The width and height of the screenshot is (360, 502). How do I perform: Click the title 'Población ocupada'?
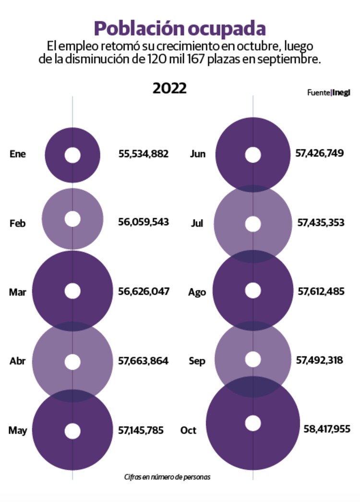[x=180, y=28]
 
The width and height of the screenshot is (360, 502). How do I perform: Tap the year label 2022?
[x=169, y=88]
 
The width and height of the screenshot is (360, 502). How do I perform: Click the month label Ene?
[x=18, y=154]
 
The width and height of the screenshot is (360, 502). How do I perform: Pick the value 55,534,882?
[x=144, y=154]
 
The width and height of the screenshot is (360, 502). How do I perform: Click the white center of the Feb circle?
[x=72, y=219]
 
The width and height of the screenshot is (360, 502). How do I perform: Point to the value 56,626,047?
[x=144, y=291]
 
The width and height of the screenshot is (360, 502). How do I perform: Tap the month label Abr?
[x=17, y=361]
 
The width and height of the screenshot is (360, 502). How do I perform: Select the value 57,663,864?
[x=143, y=361]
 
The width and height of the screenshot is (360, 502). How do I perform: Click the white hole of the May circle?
[x=72, y=431]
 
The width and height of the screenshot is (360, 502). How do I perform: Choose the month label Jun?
[x=198, y=154]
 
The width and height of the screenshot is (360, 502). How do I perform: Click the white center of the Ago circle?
[x=253, y=291]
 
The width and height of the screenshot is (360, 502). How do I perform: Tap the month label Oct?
[x=189, y=430]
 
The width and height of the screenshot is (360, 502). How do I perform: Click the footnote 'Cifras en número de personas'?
[x=167, y=477]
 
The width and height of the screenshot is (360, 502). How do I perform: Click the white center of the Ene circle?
[x=72, y=155]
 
